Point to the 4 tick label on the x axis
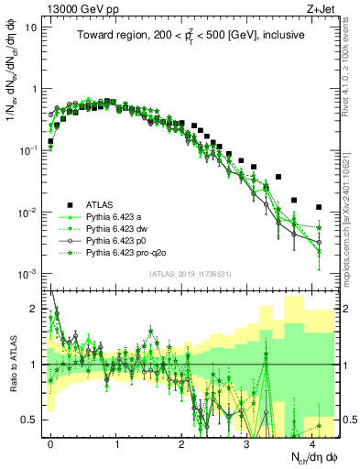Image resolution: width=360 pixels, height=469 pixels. pyautogui.click(x=312, y=442)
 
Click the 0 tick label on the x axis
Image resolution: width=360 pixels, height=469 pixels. pyautogui.click(x=51, y=442)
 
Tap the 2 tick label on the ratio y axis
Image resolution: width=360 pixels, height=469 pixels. pyautogui.click(x=34, y=309)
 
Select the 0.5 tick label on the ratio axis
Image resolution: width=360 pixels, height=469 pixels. pyautogui.click(x=30, y=420)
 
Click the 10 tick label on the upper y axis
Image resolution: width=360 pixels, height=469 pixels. pyautogui.click(x=31, y=27)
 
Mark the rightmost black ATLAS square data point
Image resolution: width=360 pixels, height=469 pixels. pyautogui.click(x=319, y=207)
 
